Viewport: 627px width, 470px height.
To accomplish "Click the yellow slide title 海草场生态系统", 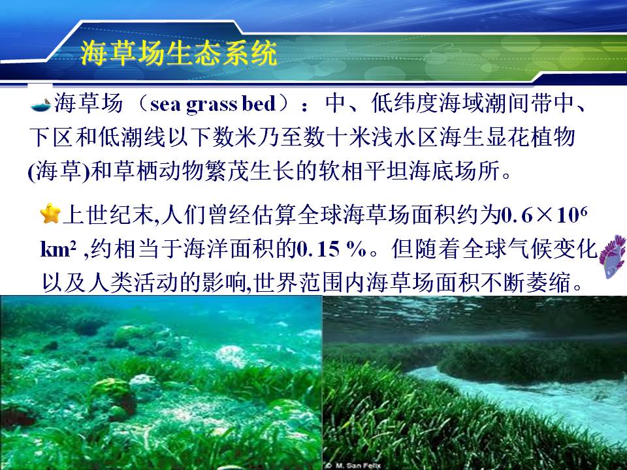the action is point(179,53).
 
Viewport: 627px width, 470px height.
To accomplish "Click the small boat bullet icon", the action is point(40,104).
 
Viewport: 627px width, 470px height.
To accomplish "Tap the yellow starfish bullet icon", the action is point(50,213).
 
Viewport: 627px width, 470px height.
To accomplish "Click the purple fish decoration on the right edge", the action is point(612,256).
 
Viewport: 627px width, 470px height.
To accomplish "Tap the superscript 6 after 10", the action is point(583,211).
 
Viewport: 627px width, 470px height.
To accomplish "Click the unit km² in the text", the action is point(58,249).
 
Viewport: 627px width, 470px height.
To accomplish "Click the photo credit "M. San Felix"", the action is point(355,465).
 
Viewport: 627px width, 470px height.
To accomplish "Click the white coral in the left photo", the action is point(231,356).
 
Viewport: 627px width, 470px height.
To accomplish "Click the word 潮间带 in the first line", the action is point(519,104).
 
